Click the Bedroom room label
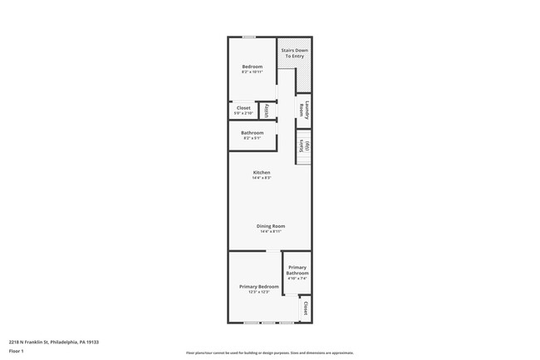253,67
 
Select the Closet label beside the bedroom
243,107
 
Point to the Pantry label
266,111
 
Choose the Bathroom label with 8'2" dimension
253,133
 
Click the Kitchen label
262,173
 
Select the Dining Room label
271,226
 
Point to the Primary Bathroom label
297,270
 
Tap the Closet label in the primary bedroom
305,309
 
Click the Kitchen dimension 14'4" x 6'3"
262,178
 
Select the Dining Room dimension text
271,231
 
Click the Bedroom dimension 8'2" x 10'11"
253,72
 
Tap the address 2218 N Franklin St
53,341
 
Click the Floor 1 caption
17,352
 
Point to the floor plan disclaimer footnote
270,353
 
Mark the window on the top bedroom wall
248,37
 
